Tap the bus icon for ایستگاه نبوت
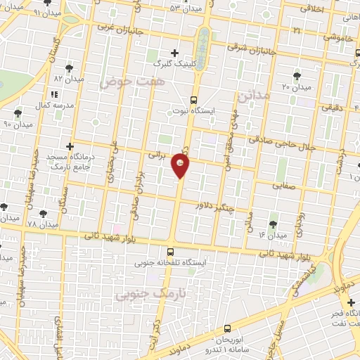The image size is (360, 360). point(193,100)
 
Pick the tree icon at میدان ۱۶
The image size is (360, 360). point(273,224)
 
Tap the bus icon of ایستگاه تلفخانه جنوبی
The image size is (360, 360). point(171,251)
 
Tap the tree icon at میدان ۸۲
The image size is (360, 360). point(69,67)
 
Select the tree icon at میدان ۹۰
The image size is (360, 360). point(18,112)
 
